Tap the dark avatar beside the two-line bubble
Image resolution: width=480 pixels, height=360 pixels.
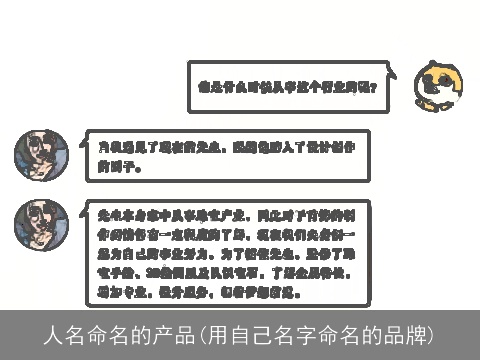click(x=41, y=156)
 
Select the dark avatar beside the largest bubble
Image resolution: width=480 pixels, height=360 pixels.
click(x=41, y=228)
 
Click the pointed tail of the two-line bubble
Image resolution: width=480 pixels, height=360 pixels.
click(x=81, y=150)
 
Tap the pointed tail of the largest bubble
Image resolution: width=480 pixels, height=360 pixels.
click(x=81, y=224)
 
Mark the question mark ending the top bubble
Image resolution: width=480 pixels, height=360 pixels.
click(x=372, y=87)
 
